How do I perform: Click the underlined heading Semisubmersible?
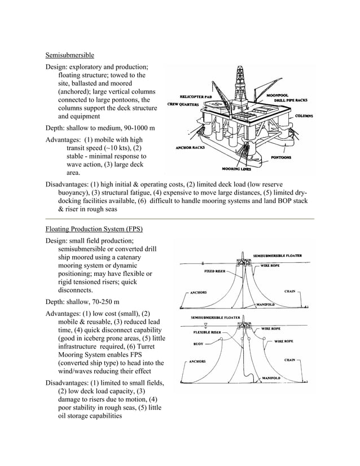(69, 55)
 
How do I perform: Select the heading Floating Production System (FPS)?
(94, 229)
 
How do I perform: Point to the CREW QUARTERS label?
(186, 104)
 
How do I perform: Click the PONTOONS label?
(281, 157)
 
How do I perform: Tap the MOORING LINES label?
(236, 169)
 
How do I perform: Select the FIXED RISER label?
(215, 271)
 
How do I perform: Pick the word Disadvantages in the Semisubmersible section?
(70, 184)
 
